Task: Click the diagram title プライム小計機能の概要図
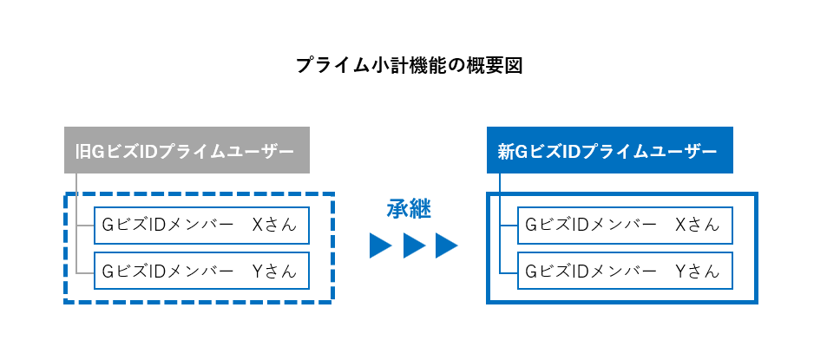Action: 409,66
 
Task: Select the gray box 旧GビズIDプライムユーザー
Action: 187,150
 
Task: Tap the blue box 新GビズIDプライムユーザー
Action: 610,150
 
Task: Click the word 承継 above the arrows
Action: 409,210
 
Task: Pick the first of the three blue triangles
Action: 380,245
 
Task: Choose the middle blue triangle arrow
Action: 413,245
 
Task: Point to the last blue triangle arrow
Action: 446,245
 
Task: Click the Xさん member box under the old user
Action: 201,225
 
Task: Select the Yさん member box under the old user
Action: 201,271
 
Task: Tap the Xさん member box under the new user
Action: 625,225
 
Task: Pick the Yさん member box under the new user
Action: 625,271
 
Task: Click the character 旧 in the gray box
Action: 82,152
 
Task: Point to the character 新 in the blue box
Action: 506,152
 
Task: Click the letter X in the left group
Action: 258,225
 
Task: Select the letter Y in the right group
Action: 681,271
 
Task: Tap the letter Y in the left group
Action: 258,271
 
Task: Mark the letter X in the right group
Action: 681,225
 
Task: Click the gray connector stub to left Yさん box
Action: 85,272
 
